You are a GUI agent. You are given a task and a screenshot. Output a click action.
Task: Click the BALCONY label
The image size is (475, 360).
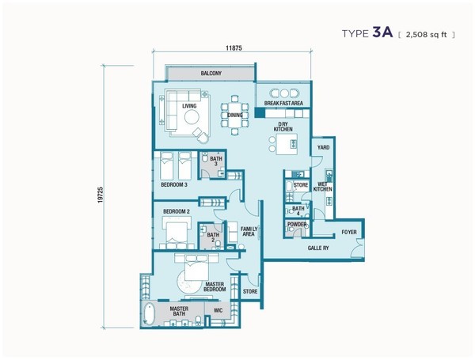click(x=211, y=74)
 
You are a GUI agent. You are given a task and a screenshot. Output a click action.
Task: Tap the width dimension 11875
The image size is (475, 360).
click(x=234, y=47)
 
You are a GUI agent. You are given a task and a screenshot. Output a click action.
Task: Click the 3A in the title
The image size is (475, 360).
click(x=382, y=32)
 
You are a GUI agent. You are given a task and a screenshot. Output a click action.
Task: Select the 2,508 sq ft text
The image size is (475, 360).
click(x=426, y=35)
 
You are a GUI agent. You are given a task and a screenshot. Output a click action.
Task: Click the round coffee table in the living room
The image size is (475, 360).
click(x=192, y=117)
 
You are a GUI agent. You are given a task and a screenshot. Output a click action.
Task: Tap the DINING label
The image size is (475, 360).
click(x=235, y=115)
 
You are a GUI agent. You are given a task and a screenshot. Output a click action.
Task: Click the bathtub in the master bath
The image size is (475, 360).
click(x=149, y=315)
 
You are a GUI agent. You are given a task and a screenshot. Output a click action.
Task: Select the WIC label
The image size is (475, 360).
click(x=218, y=311)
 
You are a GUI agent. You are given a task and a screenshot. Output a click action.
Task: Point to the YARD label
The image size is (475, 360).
click(x=323, y=147)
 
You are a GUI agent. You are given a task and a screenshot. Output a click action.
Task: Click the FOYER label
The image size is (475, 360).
click(x=349, y=233)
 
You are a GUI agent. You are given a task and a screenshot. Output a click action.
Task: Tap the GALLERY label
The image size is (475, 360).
click(x=318, y=248)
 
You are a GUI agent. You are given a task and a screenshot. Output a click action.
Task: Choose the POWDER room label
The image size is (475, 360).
click(x=297, y=225)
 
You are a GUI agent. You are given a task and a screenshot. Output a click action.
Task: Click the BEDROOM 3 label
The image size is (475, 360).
click(x=174, y=184)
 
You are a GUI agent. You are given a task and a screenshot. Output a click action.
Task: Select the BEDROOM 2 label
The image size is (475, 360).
click(x=177, y=211)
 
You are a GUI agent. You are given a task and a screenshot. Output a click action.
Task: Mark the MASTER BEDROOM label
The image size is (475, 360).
click(x=215, y=286)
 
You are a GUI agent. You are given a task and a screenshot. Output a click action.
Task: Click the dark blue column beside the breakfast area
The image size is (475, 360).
click(x=260, y=113)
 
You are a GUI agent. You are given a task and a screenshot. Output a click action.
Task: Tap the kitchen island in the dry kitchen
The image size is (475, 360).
click(x=287, y=144)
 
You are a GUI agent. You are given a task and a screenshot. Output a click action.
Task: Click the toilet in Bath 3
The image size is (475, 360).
click(x=204, y=157)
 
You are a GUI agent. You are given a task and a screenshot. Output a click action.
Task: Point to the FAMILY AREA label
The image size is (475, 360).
click(x=249, y=232)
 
